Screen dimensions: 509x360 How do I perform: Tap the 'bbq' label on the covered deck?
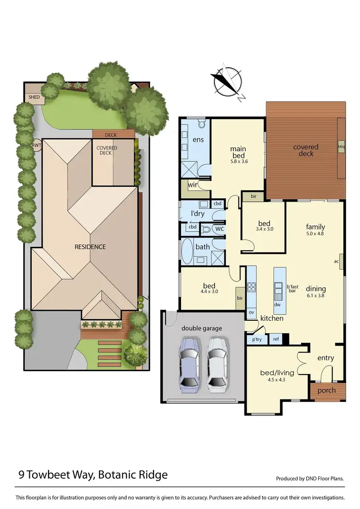pyautogui.click(x=341, y=147)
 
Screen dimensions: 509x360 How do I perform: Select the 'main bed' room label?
pyautogui.click(x=239, y=152)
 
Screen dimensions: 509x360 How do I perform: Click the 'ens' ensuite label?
pyautogui.click(x=198, y=140)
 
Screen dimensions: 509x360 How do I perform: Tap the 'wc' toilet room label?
pyautogui.click(x=219, y=229)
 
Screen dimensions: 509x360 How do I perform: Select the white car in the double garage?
pyautogui.click(x=217, y=362)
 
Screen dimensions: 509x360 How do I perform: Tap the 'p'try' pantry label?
pyautogui.click(x=256, y=339)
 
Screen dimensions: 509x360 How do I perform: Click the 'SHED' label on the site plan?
pyautogui.click(x=34, y=97)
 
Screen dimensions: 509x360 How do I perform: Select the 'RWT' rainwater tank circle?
pyautogui.click(x=36, y=145)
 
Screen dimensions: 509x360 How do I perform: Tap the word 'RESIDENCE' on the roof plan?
pyautogui.click(x=90, y=247)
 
